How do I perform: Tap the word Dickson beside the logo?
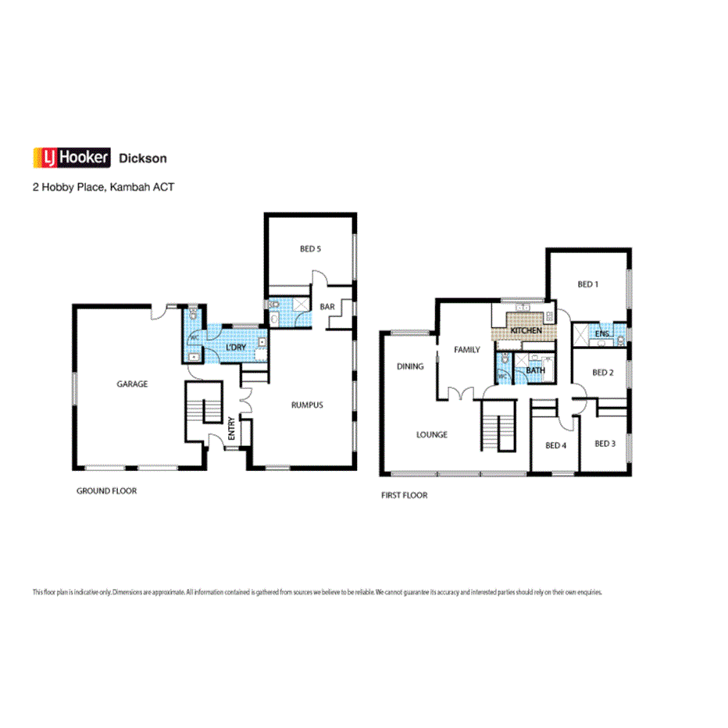point(142,159)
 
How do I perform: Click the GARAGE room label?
point(132,384)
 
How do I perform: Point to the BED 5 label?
point(310,249)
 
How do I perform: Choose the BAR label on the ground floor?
point(327,307)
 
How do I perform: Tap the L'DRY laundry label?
point(236,347)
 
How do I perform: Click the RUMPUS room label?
point(307,405)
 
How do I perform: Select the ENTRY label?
point(231,430)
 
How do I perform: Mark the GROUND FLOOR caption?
point(106,491)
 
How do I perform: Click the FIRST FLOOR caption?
point(404,495)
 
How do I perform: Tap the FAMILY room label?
point(467,350)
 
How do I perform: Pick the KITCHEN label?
point(526,331)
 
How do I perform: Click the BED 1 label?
point(588,284)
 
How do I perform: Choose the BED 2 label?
point(602,373)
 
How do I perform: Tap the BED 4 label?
point(555,445)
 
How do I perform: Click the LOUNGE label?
point(431,434)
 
